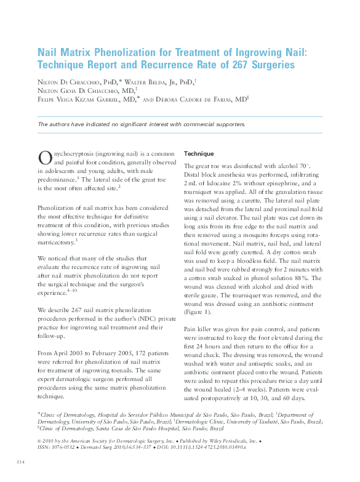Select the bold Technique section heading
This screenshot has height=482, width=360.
[x=199, y=153]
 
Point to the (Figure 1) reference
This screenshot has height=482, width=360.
[x=197, y=313]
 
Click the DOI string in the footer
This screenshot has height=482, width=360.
[x=213, y=447]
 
